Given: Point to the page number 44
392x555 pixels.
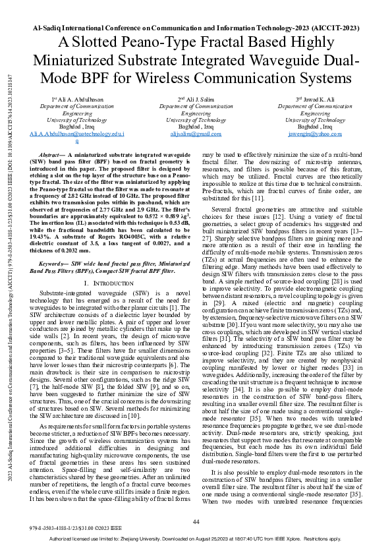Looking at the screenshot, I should point(196,522).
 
